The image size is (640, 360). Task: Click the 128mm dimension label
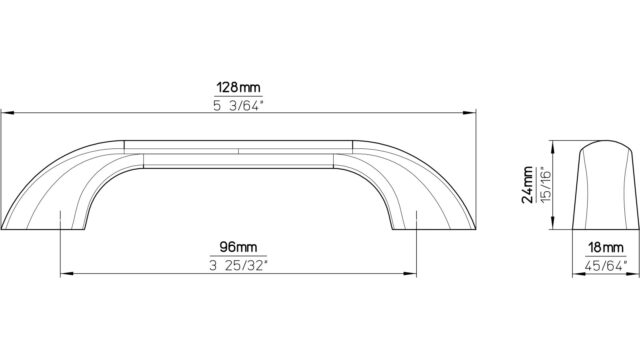tap(238, 87)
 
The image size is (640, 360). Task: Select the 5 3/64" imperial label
tap(238, 106)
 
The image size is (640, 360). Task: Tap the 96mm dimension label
tap(238, 247)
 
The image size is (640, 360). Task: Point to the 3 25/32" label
tap(238, 266)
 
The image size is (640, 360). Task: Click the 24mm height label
tap(527, 185)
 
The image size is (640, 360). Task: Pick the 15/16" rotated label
tap(546, 185)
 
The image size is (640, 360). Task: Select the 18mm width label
tap(606, 247)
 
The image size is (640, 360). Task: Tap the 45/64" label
tap(606, 266)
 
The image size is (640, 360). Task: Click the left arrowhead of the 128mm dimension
tap(7, 113)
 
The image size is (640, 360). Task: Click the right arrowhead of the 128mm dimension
tap(470, 113)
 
